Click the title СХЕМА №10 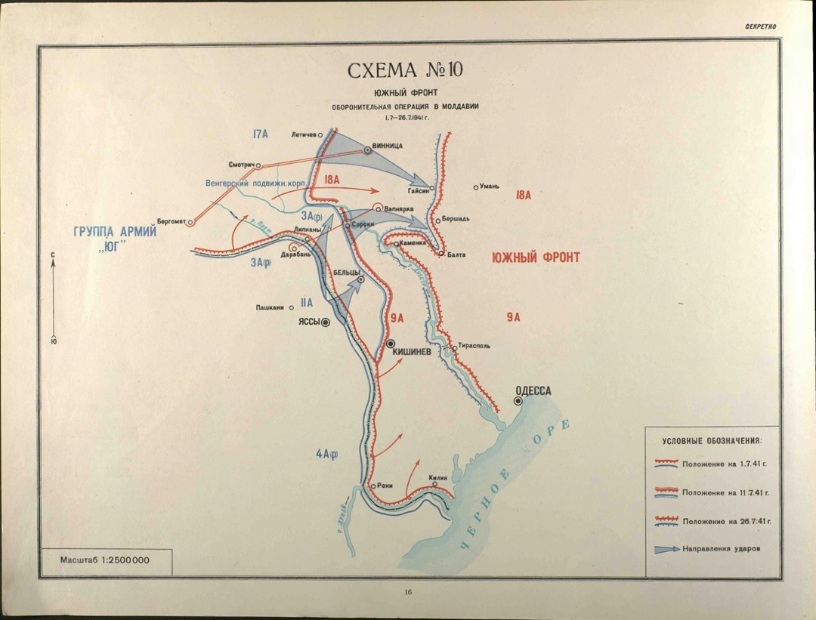point(404,70)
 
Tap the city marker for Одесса point(518,401)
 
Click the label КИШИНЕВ point(412,351)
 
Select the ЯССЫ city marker point(326,322)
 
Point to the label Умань point(489,186)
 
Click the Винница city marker point(368,150)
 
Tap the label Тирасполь point(474,346)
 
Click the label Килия point(438,477)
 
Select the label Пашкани point(270,307)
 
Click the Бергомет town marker point(190,222)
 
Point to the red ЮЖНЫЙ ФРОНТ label point(536,258)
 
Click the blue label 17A point(260,134)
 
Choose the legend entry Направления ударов point(719,549)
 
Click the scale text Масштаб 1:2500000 point(104,562)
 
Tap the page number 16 point(407,592)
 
